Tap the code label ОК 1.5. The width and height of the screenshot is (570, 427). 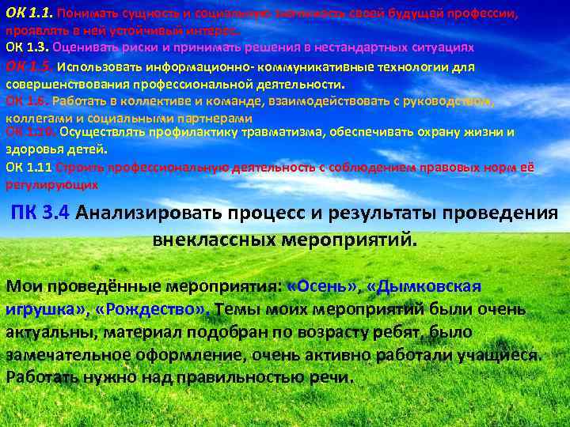tap(29, 66)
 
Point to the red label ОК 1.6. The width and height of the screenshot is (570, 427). tap(28, 101)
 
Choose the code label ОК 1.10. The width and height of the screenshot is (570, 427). tap(30, 132)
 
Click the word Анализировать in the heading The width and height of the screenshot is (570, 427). tap(150, 213)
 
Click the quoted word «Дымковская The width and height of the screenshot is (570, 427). tap(431, 285)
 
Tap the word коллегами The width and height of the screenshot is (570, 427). tap(36, 116)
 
